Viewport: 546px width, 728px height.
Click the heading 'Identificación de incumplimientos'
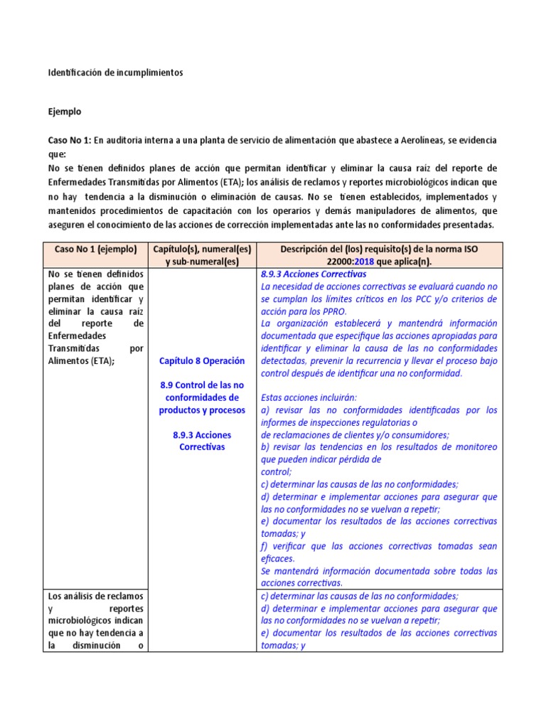[x=115, y=73]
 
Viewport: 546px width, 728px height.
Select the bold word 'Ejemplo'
[x=65, y=112]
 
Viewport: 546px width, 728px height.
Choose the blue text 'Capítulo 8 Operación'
[x=202, y=360]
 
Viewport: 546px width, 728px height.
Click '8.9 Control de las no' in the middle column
[x=202, y=385]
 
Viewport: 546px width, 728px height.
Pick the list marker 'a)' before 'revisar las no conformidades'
[x=266, y=410]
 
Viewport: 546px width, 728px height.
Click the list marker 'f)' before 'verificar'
[x=265, y=546]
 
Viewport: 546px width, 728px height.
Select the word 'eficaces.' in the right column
[x=277, y=559]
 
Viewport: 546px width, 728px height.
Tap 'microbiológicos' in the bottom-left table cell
[x=77, y=621]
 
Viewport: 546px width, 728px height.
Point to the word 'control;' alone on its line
[x=277, y=471]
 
